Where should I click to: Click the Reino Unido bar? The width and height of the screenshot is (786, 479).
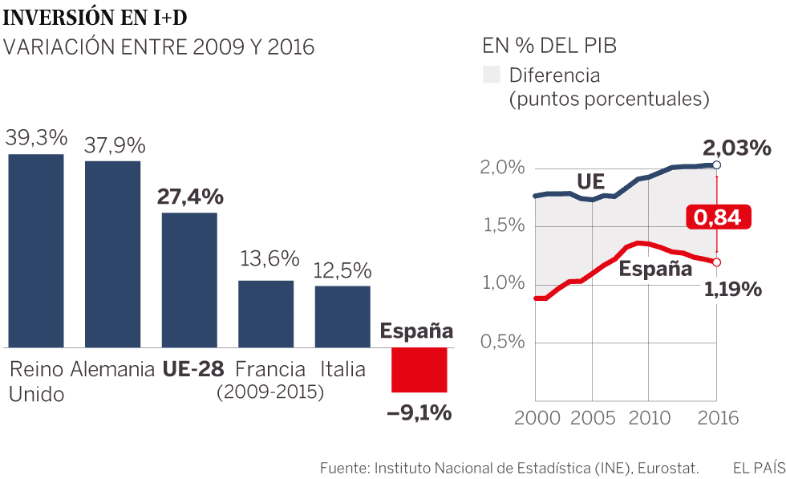36,250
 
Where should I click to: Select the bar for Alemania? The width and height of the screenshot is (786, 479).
112,254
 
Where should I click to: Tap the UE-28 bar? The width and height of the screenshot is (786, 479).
189,280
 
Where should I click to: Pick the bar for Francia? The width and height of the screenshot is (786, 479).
265,314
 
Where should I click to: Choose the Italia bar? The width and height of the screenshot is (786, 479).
342,316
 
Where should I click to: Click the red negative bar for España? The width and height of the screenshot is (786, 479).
419,370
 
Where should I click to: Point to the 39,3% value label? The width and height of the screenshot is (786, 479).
35,139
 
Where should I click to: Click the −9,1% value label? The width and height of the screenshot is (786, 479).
419,413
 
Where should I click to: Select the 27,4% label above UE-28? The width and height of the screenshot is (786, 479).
190,198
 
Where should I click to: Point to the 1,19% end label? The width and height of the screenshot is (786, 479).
732,289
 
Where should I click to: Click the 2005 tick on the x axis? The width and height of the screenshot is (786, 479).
592,418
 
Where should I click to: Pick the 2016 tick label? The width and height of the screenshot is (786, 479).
715,418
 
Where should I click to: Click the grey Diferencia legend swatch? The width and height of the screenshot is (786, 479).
490,75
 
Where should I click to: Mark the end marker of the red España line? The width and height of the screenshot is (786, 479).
716,262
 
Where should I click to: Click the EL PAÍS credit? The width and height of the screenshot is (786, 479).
758,468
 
